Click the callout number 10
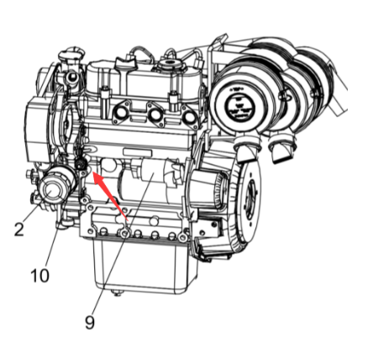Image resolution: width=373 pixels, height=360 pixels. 39,274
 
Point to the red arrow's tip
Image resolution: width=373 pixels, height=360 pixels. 92,174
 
